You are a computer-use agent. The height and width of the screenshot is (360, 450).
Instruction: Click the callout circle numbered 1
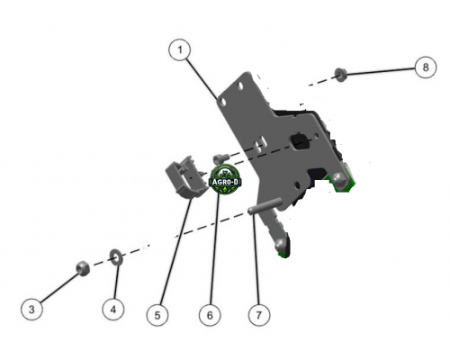(x=180, y=49)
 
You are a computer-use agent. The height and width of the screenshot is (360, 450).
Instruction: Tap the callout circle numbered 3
(x=31, y=309)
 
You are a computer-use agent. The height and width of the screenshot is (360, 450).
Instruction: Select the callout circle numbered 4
(x=113, y=310)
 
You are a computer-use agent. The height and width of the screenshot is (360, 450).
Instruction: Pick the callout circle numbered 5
(x=157, y=315)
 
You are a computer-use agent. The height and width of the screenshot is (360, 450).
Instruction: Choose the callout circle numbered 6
(x=210, y=315)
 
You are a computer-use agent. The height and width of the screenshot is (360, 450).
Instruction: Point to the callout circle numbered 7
(x=259, y=315)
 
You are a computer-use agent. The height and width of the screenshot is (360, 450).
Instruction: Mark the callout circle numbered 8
(x=426, y=67)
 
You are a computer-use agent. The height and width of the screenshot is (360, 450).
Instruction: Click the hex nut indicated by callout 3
(x=83, y=268)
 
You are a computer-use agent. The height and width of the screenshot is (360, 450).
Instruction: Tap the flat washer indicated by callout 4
(x=115, y=257)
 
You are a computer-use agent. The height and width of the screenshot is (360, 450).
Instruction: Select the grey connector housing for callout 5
(x=186, y=177)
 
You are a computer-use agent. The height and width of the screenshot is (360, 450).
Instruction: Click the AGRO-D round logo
(x=225, y=179)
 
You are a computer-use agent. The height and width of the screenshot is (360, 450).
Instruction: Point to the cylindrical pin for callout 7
(x=265, y=206)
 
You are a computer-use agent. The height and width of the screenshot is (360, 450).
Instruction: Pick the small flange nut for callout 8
(x=340, y=75)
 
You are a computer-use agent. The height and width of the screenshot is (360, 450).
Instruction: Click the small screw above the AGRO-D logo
(x=220, y=157)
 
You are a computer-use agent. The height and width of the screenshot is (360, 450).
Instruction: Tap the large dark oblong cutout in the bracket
(x=301, y=140)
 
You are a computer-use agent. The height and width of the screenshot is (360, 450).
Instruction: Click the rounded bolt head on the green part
(x=338, y=180)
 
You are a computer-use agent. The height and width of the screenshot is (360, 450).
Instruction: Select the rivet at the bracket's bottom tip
(x=281, y=245)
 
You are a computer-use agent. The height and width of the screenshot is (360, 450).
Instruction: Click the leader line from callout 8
(x=381, y=71)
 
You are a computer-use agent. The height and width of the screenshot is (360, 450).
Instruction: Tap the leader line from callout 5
(x=176, y=251)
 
